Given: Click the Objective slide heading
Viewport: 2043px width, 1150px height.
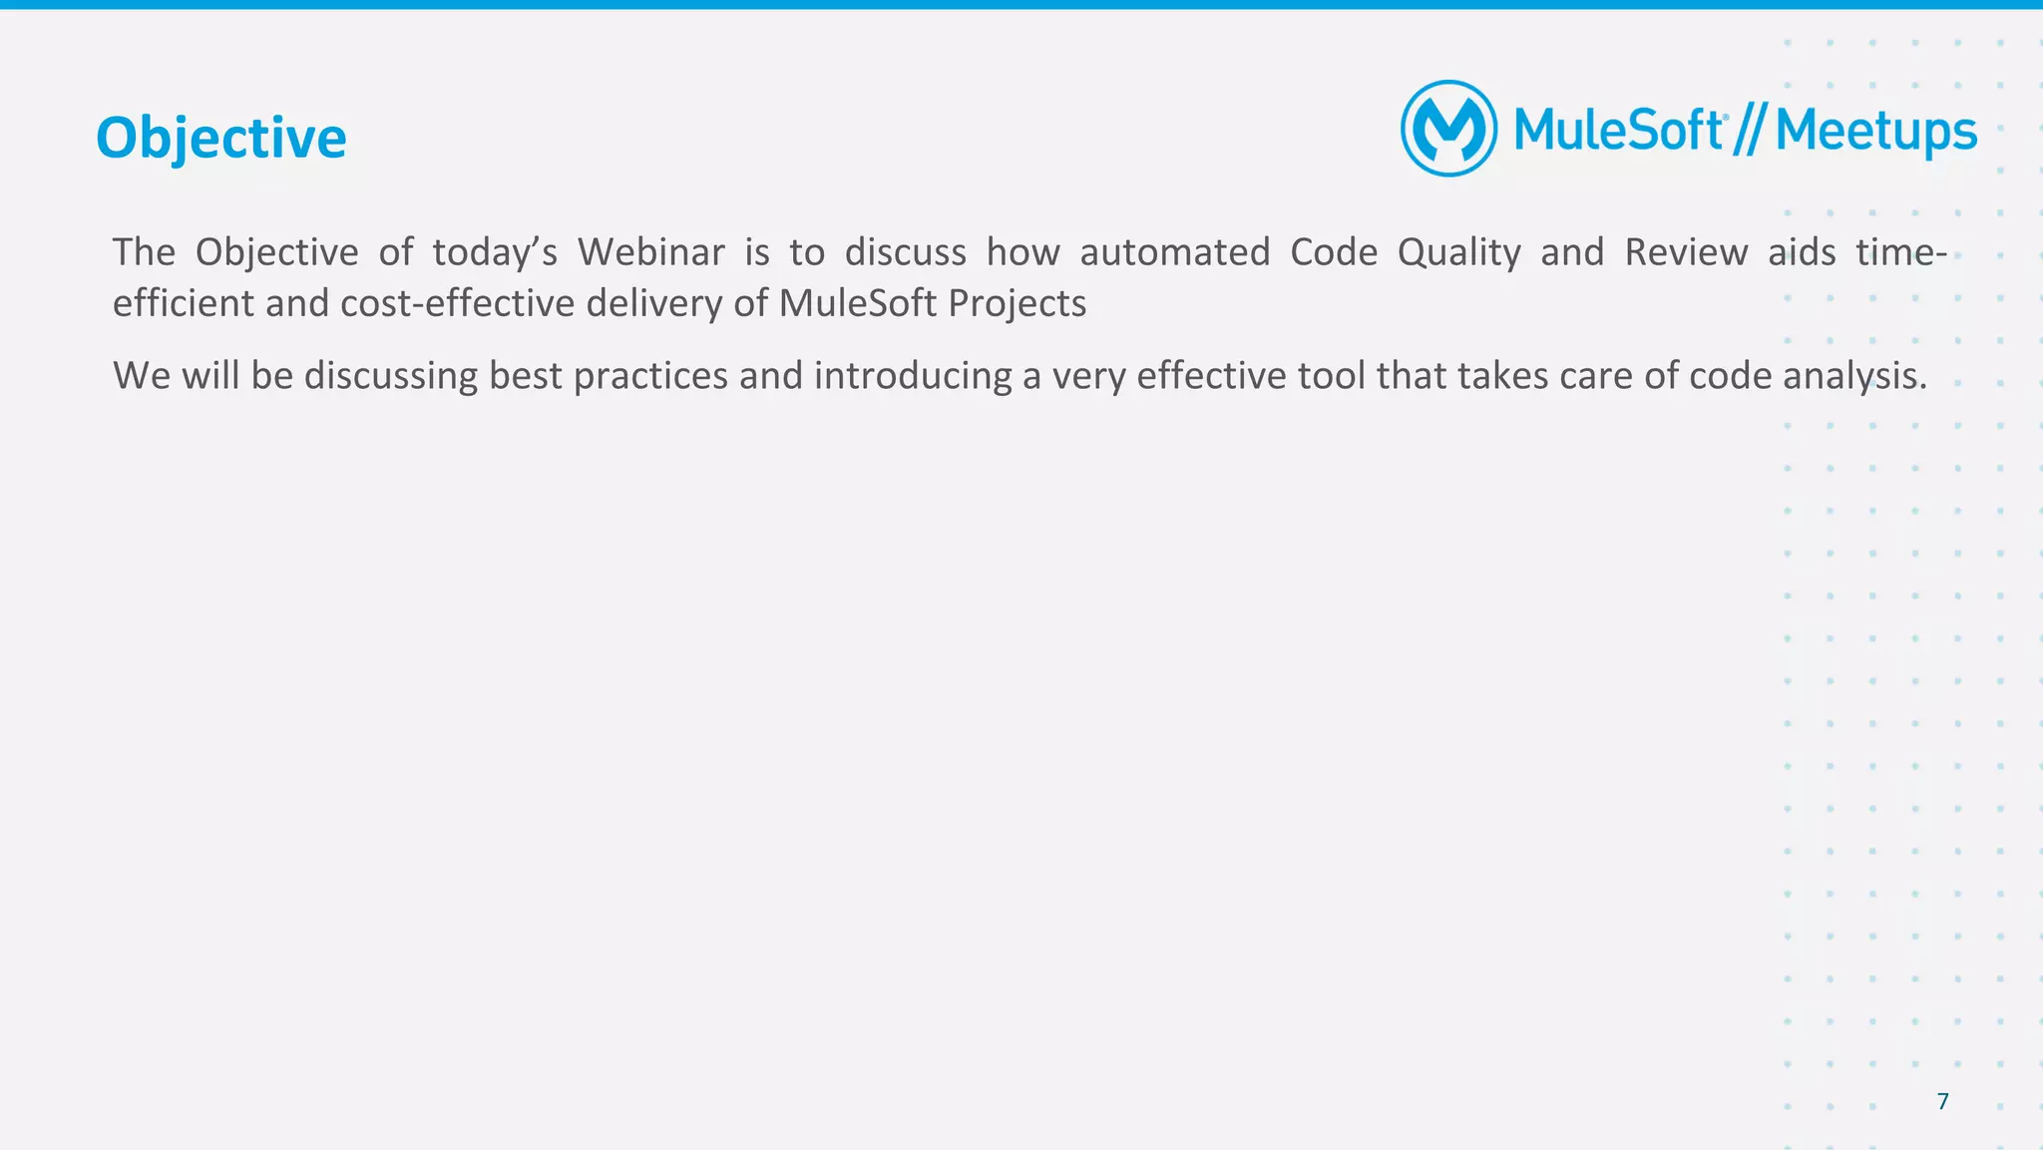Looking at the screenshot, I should pyautogui.click(x=220, y=138).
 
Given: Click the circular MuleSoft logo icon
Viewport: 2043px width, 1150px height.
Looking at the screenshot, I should pyautogui.click(x=1448, y=129).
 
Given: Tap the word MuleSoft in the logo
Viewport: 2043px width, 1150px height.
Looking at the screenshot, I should pyautogui.click(x=1618, y=131).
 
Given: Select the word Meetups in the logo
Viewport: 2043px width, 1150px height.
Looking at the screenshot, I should pyautogui.click(x=1875, y=133).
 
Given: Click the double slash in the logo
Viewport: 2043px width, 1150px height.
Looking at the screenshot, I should pyautogui.click(x=1750, y=131).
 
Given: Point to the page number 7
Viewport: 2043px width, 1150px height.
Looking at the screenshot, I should pyautogui.click(x=1942, y=1101).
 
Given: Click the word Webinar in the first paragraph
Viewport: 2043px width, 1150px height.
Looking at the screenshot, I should pyautogui.click(x=650, y=252).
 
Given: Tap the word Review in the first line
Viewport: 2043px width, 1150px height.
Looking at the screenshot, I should pyautogui.click(x=1685, y=252).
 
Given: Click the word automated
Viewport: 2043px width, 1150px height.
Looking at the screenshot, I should pyautogui.click(x=1174, y=252).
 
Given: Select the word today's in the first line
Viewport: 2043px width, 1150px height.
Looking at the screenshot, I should pyautogui.click(x=494, y=252).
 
